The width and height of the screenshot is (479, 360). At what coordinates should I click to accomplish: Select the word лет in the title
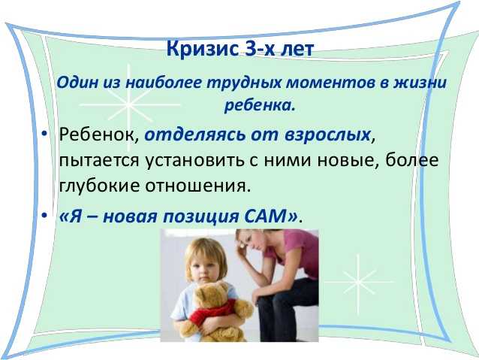point(297,50)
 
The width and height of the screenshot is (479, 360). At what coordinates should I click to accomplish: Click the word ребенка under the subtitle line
point(261,105)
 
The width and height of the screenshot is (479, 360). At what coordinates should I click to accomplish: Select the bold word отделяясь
point(195,135)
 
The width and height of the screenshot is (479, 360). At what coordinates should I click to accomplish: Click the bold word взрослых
point(327,135)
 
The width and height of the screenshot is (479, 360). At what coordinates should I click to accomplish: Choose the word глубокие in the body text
point(99,186)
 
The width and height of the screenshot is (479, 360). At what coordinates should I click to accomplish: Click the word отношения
point(196,186)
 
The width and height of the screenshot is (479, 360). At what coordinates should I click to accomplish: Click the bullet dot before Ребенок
point(45,134)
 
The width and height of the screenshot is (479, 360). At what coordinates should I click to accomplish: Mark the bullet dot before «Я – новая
point(45,216)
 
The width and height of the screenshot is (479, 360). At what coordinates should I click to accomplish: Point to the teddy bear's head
point(212,295)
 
